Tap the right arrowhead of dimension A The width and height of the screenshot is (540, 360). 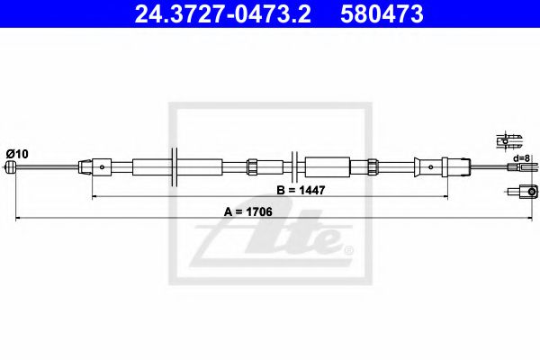[x=535, y=218]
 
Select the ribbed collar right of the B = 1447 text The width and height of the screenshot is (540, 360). [x=371, y=166]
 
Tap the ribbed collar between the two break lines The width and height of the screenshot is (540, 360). [x=253, y=166]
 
